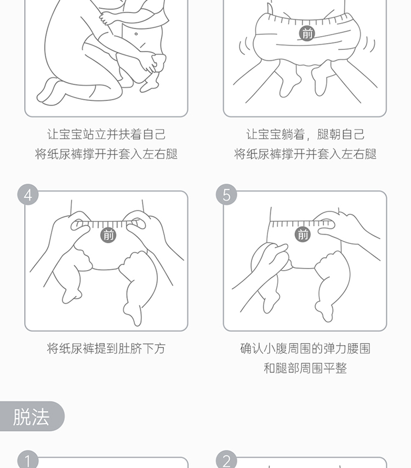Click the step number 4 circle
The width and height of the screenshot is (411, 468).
click(x=28, y=195)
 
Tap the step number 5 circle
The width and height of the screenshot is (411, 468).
click(x=226, y=195)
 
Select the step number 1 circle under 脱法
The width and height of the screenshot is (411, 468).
click(x=28, y=460)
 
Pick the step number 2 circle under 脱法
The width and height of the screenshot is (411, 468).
click(x=226, y=460)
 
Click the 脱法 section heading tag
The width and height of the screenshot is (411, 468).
click(x=32, y=416)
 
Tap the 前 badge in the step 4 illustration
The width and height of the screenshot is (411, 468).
click(x=109, y=235)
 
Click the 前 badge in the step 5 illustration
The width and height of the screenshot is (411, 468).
click(x=303, y=235)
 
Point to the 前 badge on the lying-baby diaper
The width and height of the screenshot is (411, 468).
click(x=307, y=33)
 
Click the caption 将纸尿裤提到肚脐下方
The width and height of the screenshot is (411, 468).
click(x=106, y=349)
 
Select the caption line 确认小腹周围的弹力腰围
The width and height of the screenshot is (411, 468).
click(x=305, y=349)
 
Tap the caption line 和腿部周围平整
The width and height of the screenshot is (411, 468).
click(x=305, y=368)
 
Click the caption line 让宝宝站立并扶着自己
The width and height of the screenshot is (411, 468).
click(x=106, y=134)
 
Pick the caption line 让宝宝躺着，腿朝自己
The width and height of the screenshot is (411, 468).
click(x=305, y=134)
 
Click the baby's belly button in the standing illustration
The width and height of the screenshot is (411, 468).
click(x=136, y=34)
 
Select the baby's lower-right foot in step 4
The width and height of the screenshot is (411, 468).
click(x=133, y=314)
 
